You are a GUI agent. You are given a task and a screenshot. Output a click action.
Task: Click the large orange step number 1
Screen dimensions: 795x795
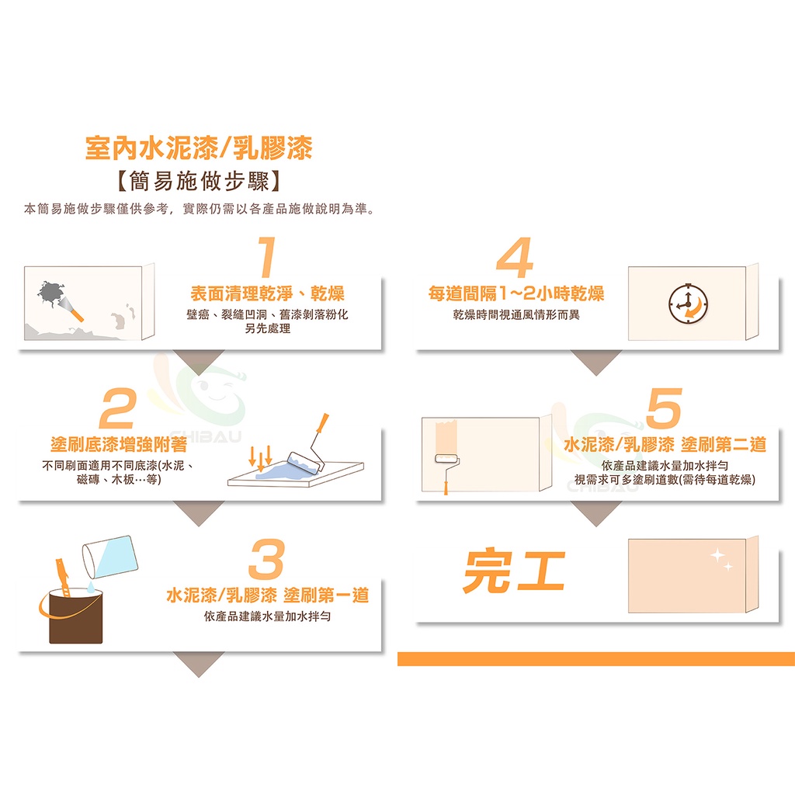point(267,257)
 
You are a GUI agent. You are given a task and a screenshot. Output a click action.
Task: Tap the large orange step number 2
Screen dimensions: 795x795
point(118,408)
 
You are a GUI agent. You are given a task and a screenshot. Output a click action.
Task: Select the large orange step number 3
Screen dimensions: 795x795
point(267,559)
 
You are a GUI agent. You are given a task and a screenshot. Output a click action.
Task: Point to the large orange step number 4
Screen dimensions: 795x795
point(515,257)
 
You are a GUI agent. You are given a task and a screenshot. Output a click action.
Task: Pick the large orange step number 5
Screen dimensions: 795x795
point(665,408)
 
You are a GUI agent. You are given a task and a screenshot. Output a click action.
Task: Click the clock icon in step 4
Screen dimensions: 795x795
point(688,304)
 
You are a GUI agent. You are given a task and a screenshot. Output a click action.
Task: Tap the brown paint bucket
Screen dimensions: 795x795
point(75,616)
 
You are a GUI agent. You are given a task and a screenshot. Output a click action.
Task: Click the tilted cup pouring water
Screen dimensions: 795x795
point(110,557)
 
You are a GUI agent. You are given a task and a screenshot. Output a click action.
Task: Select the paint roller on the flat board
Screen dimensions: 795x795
point(308,446)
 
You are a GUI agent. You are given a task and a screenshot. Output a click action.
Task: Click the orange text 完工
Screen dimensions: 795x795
point(514,571)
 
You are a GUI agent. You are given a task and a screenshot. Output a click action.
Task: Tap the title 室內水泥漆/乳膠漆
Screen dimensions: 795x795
point(199,148)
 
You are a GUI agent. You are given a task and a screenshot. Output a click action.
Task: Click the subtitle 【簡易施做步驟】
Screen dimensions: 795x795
point(199,181)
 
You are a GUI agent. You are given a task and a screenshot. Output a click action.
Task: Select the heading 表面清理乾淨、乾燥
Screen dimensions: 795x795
point(267,293)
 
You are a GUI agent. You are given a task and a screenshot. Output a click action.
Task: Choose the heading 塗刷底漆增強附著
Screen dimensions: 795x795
point(119,445)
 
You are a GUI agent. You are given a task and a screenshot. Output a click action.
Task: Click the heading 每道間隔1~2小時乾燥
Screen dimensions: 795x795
point(516,293)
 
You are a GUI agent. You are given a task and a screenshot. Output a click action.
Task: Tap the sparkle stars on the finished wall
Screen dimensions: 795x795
point(721,560)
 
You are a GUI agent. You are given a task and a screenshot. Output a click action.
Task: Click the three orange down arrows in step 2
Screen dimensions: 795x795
point(261,458)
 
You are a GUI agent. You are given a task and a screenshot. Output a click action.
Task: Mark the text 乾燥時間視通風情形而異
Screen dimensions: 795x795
point(516,315)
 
